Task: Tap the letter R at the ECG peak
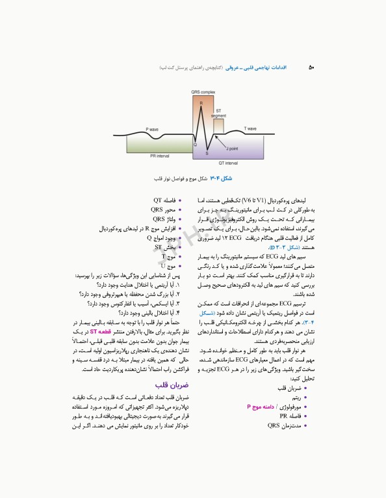point(201,103)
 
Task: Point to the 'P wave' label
point(151,129)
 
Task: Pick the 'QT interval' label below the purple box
point(227,163)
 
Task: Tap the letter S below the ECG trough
point(207,153)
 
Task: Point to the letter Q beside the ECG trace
point(195,144)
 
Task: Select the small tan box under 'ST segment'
point(218,124)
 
